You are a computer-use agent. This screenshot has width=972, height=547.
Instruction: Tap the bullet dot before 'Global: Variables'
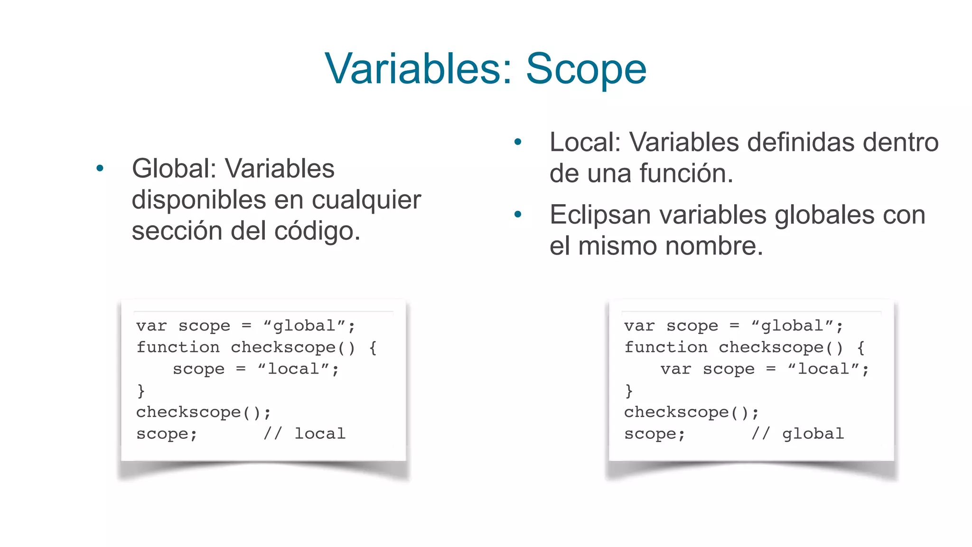(x=100, y=168)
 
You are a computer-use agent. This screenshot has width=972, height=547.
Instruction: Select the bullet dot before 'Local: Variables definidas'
(x=518, y=141)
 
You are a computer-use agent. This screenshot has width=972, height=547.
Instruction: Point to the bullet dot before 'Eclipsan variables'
(x=518, y=215)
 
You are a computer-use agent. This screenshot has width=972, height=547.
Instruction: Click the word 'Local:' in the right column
(x=585, y=142)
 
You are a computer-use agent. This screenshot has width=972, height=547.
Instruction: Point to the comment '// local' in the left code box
(x=305, y=434)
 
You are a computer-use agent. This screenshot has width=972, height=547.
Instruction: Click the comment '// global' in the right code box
(x=798, y=434)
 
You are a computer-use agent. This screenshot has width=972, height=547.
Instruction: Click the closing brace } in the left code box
(x=141, y=391)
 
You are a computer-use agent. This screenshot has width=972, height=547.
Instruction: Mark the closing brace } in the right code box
(x=629, y=391)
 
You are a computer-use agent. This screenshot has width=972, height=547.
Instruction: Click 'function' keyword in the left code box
(x=178, y=348)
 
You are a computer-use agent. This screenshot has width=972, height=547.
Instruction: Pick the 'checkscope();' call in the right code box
(x=692, y=412)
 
